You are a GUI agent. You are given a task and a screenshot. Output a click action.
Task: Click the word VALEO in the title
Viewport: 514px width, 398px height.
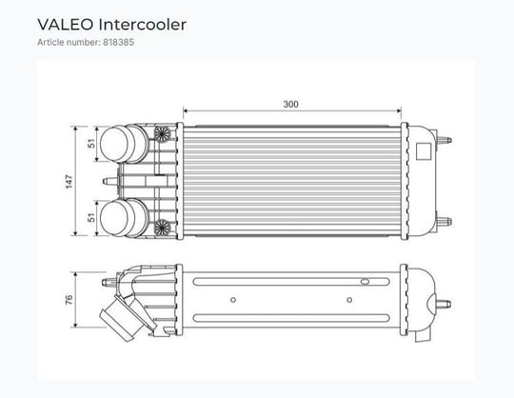66,25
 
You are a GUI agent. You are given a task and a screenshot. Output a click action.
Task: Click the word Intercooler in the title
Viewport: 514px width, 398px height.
142,25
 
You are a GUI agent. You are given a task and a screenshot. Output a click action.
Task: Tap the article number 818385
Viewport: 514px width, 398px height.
119,42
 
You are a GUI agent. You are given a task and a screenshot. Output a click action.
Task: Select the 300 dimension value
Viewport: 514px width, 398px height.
290,104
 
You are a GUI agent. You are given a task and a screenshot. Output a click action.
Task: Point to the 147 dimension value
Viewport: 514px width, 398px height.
69,182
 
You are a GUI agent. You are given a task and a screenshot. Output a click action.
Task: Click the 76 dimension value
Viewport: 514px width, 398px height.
69,300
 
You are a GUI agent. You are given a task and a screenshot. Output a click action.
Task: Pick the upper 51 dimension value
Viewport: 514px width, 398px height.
91,143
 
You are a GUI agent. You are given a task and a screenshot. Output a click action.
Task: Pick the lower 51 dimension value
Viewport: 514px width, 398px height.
91,217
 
